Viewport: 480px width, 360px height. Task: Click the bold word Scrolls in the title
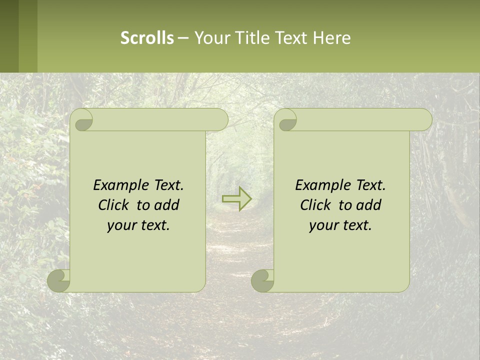(x=147, y=38)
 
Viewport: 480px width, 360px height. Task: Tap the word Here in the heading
(x=332, y=38)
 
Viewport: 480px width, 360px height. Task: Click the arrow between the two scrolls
(x=236, y=199)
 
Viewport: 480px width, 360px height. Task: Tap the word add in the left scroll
(x=167, y=205)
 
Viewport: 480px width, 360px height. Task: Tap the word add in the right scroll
(x=369, y=205)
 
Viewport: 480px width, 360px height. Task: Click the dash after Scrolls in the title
(x=183, y=38)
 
